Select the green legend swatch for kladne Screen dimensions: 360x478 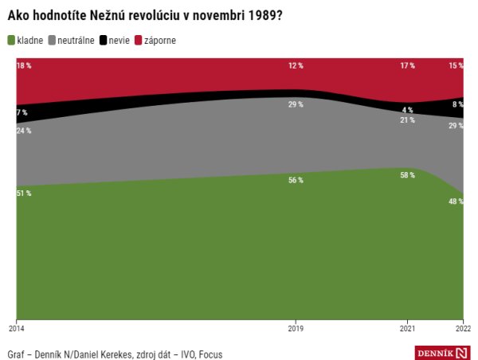coord(11,40)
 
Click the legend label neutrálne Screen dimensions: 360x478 coord(79,40)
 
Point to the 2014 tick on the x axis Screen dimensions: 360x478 coord(17,327)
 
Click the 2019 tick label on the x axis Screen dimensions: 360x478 coord(295,327)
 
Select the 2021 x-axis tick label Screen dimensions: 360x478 coord(407,327)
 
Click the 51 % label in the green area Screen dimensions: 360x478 coord(24,193)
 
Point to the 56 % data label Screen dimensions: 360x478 coord(296,180)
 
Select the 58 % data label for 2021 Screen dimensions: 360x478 coord(407,175)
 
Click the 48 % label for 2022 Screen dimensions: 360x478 coord(455,202)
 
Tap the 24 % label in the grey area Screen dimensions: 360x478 coord(24,131)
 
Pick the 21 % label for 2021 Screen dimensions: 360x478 coord(407,120)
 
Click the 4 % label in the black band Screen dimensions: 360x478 coord(407,110)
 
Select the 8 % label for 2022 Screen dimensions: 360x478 coord(456,104)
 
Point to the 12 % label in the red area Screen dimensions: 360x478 coord(296,66)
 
